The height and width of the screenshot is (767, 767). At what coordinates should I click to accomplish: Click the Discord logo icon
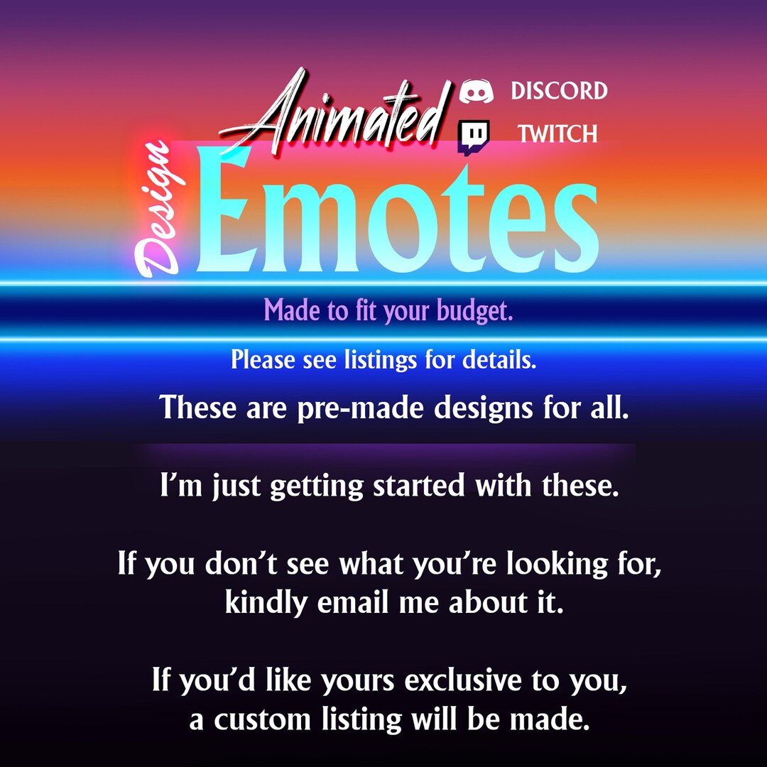pos(476,91)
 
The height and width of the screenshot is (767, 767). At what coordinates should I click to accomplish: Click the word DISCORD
pos(559,91)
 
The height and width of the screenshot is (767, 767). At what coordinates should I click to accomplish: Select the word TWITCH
pos(557,134)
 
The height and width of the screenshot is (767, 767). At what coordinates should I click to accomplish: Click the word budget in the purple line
pos(476,311)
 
